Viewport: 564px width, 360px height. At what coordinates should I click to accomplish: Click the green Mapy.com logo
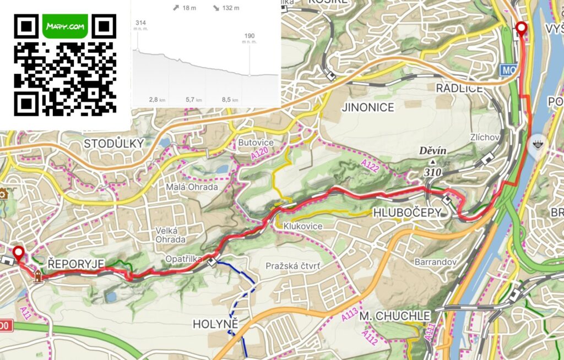[65, 26]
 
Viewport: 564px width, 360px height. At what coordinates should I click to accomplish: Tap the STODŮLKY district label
[113, 144]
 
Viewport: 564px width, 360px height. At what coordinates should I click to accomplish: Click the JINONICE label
[368, 107]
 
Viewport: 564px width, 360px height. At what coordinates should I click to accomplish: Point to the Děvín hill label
[432, 150]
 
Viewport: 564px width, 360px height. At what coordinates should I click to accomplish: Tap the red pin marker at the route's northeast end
[520, 29]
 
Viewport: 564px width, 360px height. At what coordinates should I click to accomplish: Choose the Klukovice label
[302, 226]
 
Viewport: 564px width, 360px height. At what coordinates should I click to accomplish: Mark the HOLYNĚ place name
[215, 324]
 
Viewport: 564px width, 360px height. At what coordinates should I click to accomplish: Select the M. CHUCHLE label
[394, 317]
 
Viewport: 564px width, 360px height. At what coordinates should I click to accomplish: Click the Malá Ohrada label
[192, 187]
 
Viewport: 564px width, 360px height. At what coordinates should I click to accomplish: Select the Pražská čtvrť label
[293, 266]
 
